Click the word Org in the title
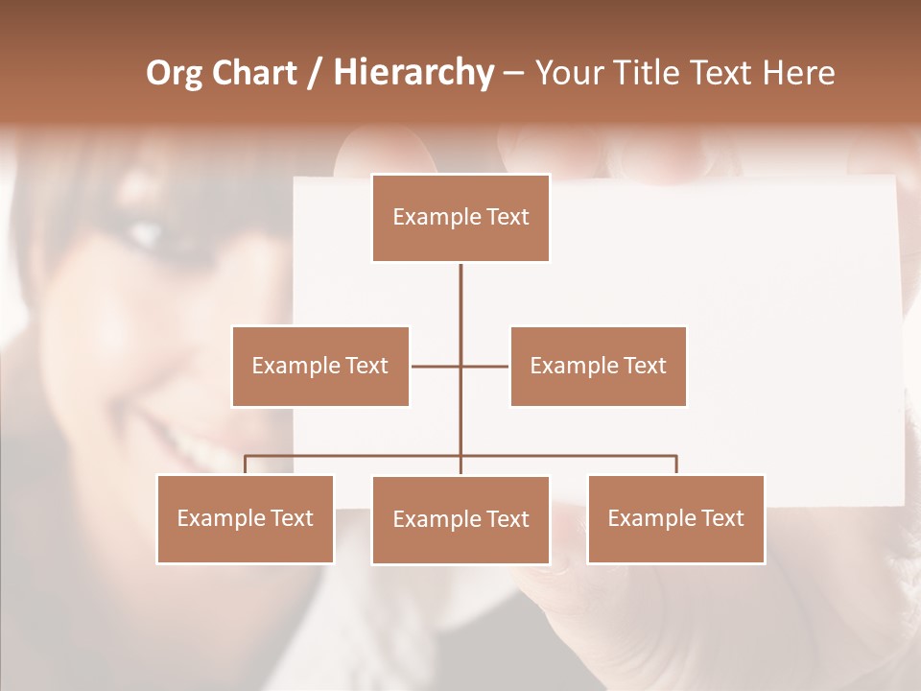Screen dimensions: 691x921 pos(174,73)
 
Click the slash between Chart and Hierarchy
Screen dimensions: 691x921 pos(315,74)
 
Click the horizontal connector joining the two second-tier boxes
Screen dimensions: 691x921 pos(484,366)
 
